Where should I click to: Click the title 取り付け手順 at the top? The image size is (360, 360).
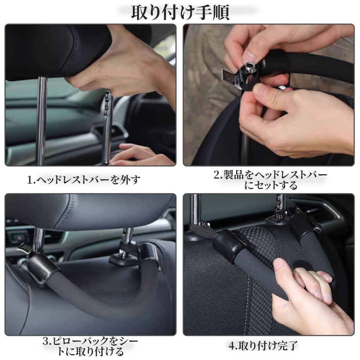180,13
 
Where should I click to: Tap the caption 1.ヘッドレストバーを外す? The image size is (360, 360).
84,180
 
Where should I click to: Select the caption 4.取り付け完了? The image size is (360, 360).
263,346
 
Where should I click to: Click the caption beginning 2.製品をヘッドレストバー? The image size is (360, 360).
270,180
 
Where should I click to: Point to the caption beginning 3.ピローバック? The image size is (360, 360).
90,346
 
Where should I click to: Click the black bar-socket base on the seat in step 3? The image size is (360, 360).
122,259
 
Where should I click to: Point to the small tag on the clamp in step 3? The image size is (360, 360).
24,248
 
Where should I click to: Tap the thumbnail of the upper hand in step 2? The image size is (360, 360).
249,55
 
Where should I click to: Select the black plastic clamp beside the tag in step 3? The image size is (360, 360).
41,266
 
